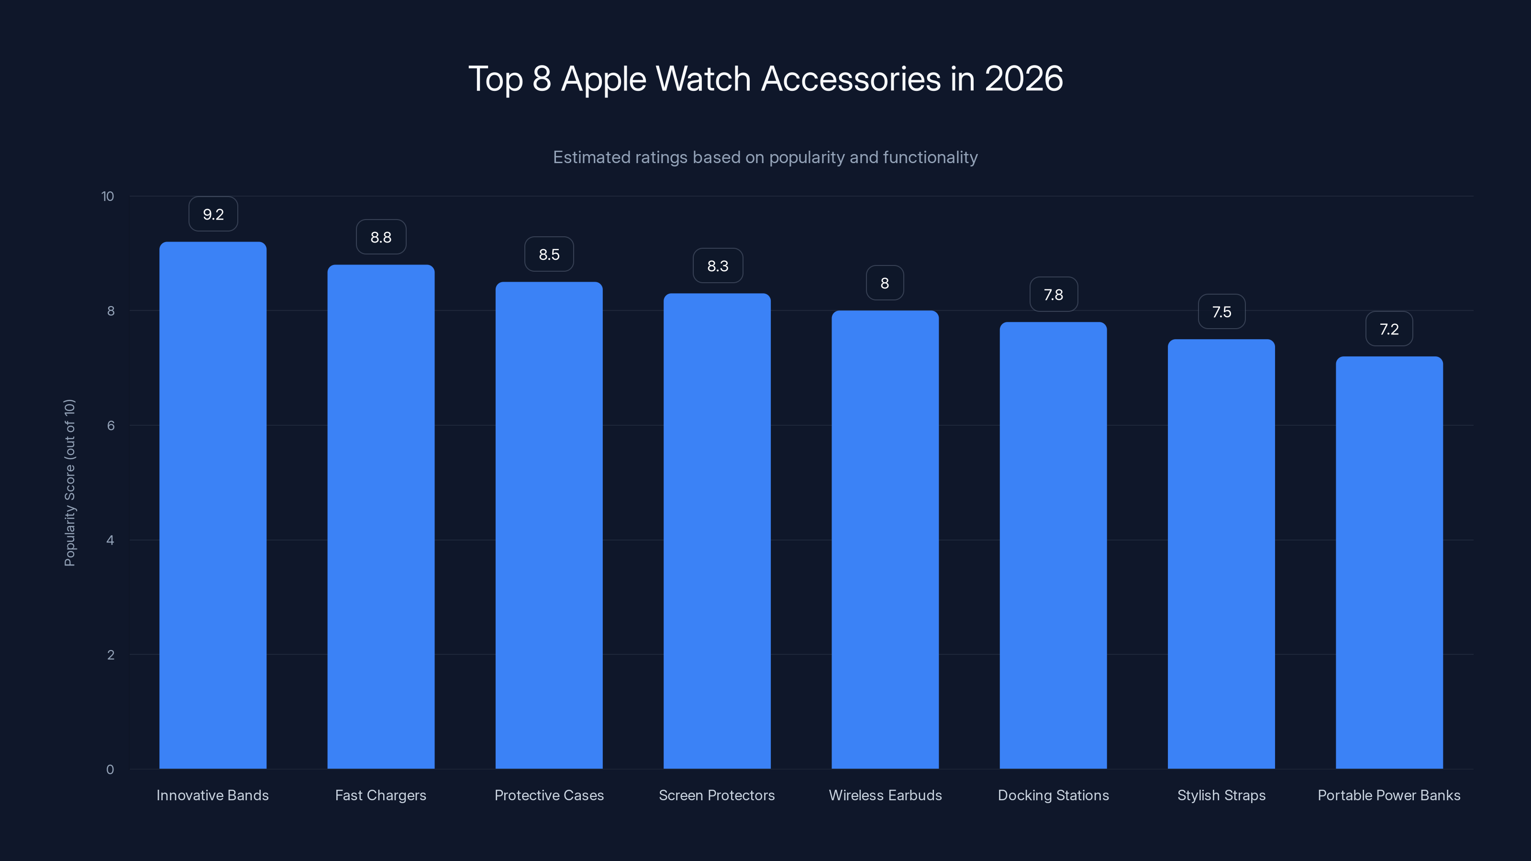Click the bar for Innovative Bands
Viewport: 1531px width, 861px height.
pos(213,505)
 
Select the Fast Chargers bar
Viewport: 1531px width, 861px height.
pos(381,517)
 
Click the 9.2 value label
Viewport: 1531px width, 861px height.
pos(213,214)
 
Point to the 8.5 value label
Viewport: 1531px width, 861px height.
pos(549,254)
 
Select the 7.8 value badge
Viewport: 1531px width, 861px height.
pos(1053,295)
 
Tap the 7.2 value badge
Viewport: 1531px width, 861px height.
pos(1389,329)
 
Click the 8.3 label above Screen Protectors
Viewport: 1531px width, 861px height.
pos(717,265)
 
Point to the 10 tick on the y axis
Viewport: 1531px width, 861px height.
pos(108,196)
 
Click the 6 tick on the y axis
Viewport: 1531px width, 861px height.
pos(111,425)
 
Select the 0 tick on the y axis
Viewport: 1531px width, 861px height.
pos(110,770)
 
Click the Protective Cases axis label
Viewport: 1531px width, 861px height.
pos(549,795)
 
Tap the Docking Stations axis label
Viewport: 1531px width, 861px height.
pos(1053,795)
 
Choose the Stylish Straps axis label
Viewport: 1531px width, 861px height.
pos(1221,795)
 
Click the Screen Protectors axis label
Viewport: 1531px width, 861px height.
pos(717,795)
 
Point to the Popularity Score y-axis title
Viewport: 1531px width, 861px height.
pos(69,483)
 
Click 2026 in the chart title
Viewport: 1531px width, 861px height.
pos(1023,78)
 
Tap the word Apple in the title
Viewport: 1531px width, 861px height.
pos(603,79)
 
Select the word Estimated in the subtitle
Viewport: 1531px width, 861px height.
pos(591,157)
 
